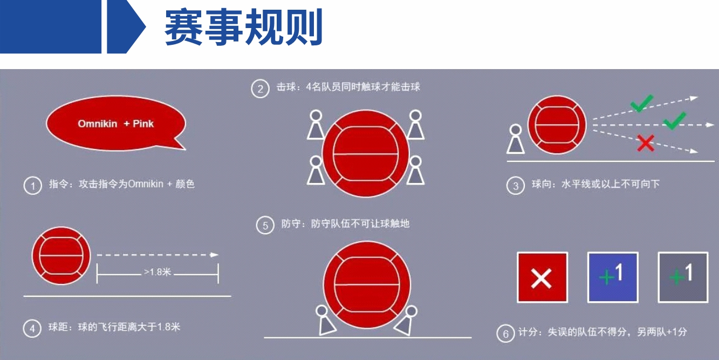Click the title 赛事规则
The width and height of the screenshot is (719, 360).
click(x=244, y=27)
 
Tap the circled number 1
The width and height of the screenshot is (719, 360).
click(x=32, y=186)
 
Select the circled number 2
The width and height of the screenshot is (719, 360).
click(x=260, y=89)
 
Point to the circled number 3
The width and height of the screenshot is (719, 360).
click(x=515, y=186)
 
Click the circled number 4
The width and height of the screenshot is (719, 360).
click(x=32, y=328)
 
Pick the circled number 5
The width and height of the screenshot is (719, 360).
click(x=265, y=225)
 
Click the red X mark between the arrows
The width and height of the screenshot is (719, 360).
click(x=646, y=143)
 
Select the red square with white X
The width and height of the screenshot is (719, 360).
click(x=542, y=277)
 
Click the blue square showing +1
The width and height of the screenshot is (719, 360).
click(x=613, y=277)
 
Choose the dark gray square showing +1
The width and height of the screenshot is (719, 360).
click(x=683, y=277)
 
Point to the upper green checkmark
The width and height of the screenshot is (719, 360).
click(x=641, y=103)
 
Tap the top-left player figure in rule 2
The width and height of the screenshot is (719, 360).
click(x=316, y=125)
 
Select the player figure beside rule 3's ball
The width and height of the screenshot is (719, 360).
click(x=516, y=140)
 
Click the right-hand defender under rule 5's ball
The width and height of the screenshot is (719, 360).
click(x=407, y=321)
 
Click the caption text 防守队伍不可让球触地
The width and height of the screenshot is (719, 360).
click(x=360, y=223)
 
